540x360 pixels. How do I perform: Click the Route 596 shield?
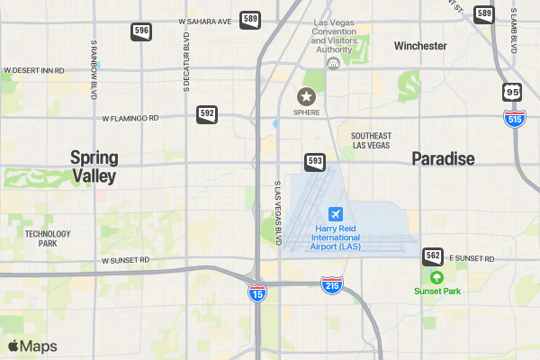[x=141, y=31]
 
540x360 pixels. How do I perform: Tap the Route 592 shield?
[x=207, y=114]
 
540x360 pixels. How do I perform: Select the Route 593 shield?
[x=314, y=162]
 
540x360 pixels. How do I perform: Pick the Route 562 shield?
[x=433, y=256]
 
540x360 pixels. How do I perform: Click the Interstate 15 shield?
[x=257, y=292]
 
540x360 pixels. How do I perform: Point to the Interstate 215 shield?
[x=330, y=285]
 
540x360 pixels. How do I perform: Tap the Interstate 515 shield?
[x=515, y=118]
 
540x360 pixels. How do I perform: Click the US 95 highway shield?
[x=512, y=92]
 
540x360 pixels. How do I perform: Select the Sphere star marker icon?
[x=307, y=95]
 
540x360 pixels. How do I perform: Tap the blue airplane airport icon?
[x=336, y=214]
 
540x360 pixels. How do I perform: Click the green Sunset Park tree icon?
[x=437, y=276]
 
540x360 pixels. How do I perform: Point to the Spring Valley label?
[x=94, y=167]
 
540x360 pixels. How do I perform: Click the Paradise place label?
[x=443, y=159]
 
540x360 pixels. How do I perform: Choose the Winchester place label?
[x=420, y=45]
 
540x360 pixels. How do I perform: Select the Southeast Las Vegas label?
[x=371, y=139]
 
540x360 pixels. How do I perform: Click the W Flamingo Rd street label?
[x=130, y=118]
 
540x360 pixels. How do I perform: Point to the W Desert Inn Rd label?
[x=34, y=69]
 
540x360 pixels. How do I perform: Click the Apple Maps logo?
[x=32, y=346]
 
